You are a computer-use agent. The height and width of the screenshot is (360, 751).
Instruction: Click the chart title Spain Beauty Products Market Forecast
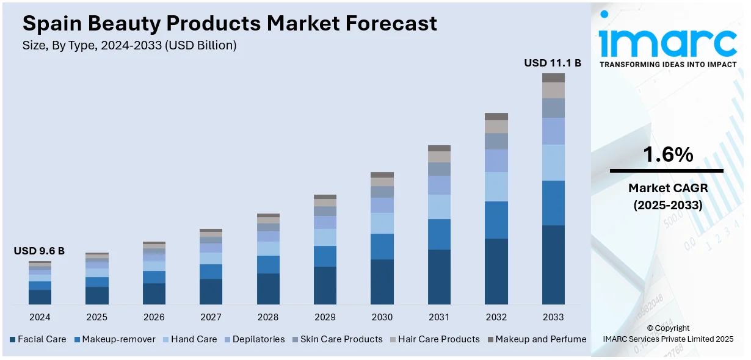pyautogui.click(x=230, y=23)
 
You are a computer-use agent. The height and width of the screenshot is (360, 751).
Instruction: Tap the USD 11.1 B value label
pyautogui.click(x=553, y=63)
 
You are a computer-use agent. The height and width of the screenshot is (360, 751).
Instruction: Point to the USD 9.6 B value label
pyautogui.click(x=39, y=251)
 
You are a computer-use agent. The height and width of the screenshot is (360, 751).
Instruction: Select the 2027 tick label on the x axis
pyautogui.click(x=211, y=317)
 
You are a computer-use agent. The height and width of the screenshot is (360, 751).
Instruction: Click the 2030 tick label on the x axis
pyautogui.click(x=382, y=317)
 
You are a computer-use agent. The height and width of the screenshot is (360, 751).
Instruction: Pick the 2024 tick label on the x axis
pyautogui.click(x=40, y=317)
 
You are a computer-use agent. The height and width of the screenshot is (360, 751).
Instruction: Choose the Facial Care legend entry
pyautogui.click(x=38, y=339)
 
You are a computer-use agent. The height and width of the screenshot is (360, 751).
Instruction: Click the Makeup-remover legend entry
pyautogui.click(x=114, y=339)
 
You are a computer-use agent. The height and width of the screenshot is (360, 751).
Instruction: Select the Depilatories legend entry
pyautogui.click(x=254, y=339)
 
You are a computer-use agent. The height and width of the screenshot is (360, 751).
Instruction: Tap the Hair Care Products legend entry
pyautogui.click(x=434, y=339)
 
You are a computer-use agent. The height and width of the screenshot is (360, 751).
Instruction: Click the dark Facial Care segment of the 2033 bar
pyautogui.click(x=553, y=265)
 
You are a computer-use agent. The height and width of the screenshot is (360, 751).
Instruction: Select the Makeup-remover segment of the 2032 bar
pyautogui.click(x=496, y=220)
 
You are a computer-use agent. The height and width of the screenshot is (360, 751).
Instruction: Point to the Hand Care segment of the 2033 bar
pyautogui.click(x=553, y=162)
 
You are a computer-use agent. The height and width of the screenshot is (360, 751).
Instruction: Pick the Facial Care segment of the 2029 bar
pyautogui.click(x=325, y=286)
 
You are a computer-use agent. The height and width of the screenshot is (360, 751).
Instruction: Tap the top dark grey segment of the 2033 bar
pyautogui.click(x=553, y=77)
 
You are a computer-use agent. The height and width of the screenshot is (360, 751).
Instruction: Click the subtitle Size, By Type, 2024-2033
pyautogui.click(x=129, y=45)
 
